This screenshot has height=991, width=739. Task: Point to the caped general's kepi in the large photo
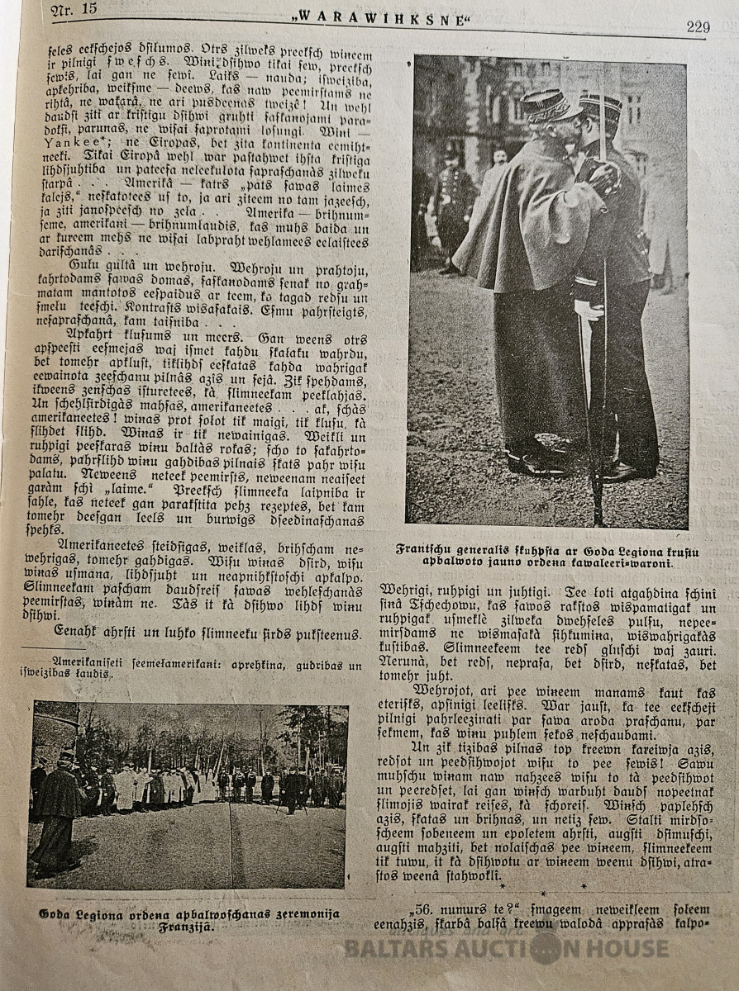548,105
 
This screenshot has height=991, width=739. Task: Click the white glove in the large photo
589,309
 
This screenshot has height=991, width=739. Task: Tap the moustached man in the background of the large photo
498,157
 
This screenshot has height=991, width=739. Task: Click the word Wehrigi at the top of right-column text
406,590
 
